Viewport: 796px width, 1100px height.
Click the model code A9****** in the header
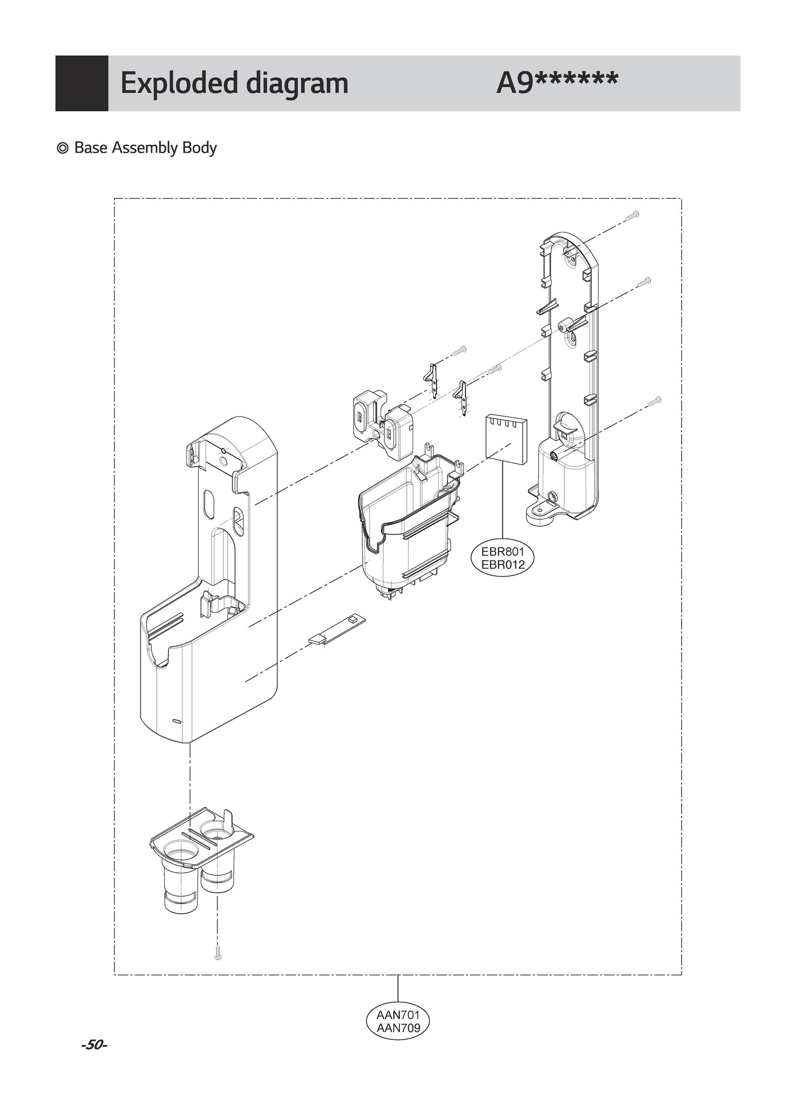tap(557, 83)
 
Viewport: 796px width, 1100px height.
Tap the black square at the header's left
tap(82, 83)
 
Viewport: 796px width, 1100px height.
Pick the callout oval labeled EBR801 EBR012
tap(503, 559)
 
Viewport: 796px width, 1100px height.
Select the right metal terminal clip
tap(462, 396)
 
